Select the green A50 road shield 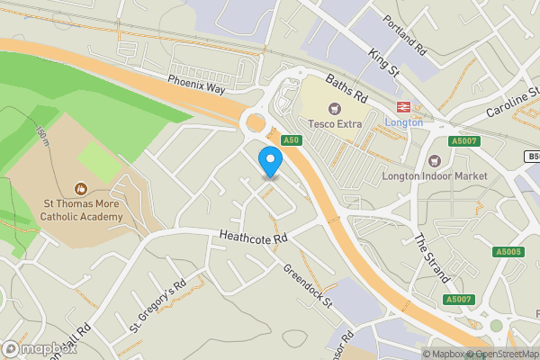coord(290,140)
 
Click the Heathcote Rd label coord(254,238)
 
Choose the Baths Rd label coord(346,88)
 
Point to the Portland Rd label coord(402,35)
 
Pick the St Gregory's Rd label coord(157,307)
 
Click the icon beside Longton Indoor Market coord(436,160)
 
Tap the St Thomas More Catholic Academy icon coord(80,189)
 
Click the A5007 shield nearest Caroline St coord(464,141)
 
